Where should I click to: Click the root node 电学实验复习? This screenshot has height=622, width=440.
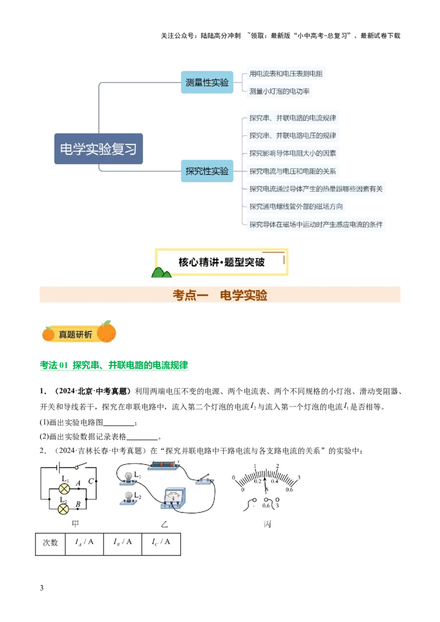point(99,149)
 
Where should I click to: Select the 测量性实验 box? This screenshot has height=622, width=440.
point(207,83)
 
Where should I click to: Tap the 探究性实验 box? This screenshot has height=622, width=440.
point(207,171)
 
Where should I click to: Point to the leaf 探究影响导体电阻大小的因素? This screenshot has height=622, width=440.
point(293,153)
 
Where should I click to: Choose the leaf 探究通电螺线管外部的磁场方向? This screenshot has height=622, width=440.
point(296,207)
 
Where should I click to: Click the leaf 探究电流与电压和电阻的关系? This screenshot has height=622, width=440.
point(293,171)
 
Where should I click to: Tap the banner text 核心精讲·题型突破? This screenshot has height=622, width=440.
point(222,262)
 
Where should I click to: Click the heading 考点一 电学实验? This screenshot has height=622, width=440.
point(220,295)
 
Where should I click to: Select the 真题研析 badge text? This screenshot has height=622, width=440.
point(75,334)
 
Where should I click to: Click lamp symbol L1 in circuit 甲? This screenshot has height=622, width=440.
point(64,488)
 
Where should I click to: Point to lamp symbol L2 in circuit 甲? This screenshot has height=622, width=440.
point(64,508)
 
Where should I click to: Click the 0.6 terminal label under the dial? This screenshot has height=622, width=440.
point(266,506)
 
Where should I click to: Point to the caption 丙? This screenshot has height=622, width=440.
point(267,524)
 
